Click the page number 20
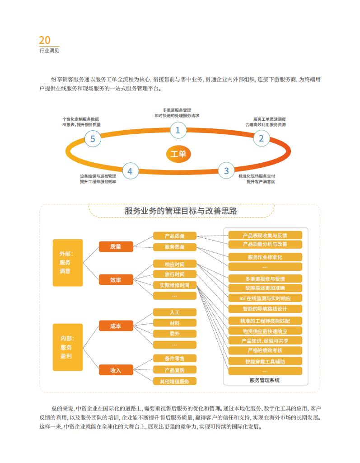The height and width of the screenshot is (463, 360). coord(45,40)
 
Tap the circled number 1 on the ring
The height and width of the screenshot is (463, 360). coord(178,130)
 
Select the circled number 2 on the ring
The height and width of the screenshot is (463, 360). coord(261,138)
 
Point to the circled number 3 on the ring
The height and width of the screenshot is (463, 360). coord(226,170)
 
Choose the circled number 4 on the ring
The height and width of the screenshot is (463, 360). coord(130,171)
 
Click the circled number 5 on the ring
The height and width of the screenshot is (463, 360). coord(93,139)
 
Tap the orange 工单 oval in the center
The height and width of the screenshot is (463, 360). coord(178,154)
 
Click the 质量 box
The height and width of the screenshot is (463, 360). coord(116,246)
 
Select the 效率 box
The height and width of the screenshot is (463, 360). coord(116,279)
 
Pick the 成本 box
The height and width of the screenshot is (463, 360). coord(116,326)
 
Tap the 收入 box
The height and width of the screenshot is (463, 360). coord(116,370)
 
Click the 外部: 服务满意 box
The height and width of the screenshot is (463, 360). coord(68,263)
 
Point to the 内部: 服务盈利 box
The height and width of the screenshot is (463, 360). coord(68,347)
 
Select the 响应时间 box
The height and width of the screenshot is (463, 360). coord(175,264)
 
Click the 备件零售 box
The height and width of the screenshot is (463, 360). coord(175,359)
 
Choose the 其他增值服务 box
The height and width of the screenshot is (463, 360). coord(175,381)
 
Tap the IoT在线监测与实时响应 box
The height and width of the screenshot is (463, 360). coord(265,298)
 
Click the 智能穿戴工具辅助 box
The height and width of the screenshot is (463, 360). coord(265,361)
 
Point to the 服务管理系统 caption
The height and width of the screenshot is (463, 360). coord(265,380)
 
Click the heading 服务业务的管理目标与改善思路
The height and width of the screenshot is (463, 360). coord(181,211)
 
